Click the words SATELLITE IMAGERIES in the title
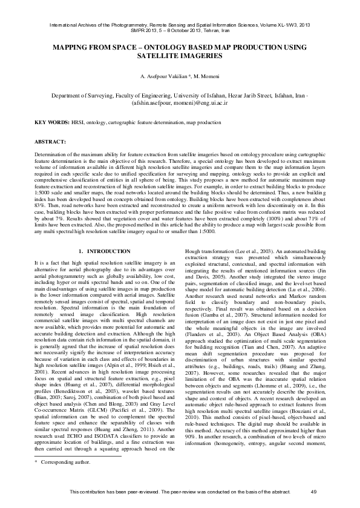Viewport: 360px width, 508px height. (x=180, y=55)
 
